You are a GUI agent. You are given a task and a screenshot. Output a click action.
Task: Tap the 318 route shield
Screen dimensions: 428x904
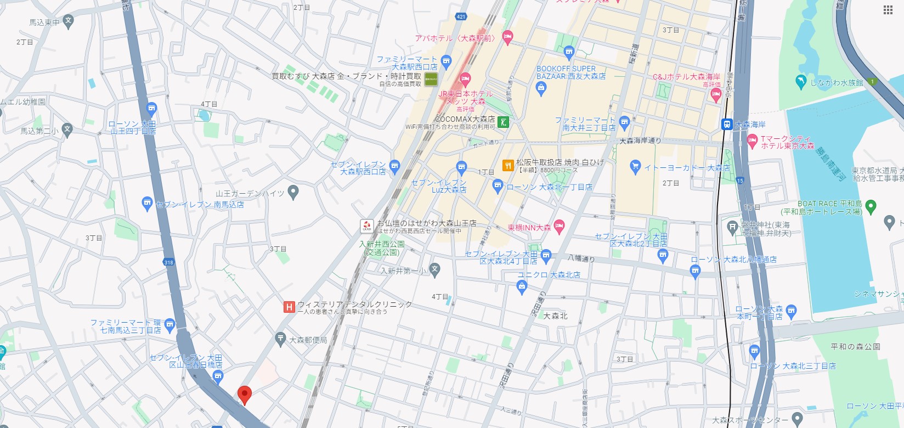coord(168,262)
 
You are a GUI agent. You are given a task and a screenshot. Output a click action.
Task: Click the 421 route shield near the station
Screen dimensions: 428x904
coord(461,16)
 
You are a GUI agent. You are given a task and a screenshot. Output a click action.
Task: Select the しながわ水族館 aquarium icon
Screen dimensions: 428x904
coord(800,82)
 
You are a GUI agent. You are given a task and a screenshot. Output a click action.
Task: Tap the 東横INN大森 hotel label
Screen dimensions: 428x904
coord(529,227)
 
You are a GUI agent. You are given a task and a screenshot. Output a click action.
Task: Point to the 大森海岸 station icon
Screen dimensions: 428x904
coord(727,125)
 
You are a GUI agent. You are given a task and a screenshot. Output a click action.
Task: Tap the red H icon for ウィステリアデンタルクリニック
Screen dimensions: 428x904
coord(289,307)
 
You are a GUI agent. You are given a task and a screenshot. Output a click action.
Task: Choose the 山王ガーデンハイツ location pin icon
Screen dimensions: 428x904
coord(293,192)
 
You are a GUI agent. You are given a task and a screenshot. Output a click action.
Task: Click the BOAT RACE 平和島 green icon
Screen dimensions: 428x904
coord(871,207)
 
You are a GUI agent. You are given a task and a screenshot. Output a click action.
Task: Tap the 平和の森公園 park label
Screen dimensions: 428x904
coord(855,346)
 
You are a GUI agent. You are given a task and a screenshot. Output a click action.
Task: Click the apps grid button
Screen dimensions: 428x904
coord(888,10)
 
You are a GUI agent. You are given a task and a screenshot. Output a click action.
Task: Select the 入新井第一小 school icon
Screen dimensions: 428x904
coord(435,269)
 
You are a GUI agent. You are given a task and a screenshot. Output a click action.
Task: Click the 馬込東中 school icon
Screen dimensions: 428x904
coord(68,21)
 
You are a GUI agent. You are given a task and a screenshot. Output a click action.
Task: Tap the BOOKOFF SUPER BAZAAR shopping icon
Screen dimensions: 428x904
coord(541,88)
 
